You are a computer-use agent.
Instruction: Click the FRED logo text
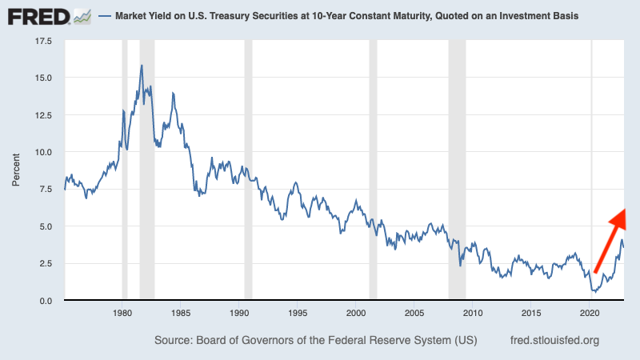pos(38,15)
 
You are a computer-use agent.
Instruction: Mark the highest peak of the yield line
pos(142,66)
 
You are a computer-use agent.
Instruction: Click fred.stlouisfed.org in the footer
pos(554,340)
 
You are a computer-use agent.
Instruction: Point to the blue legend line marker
pos(106,16)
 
